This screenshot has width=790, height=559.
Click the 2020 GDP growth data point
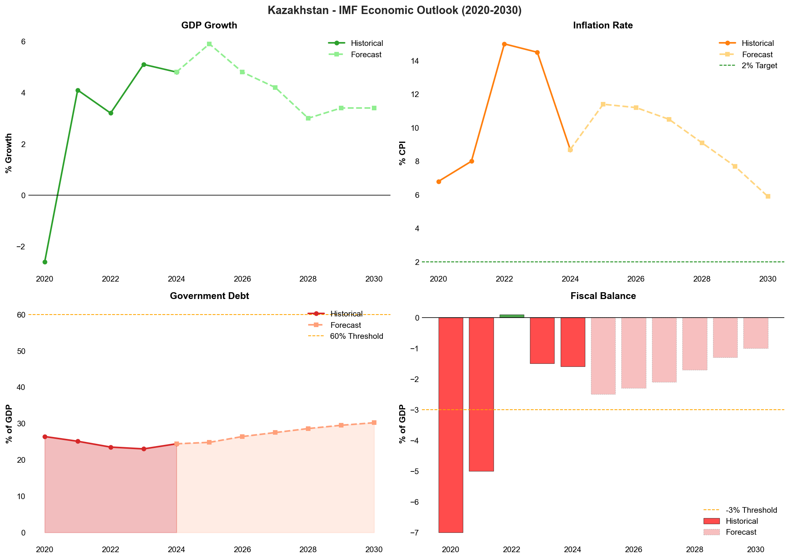(x=45, y=262)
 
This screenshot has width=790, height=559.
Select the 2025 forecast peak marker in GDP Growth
(x=209, y=44)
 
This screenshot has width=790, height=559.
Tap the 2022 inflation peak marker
(x=504, y=44)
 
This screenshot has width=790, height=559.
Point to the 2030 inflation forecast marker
(x=768, y=196)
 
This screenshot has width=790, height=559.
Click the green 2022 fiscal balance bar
(x=512, y=316)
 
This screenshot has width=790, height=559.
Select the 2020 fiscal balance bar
(x=451, y=424)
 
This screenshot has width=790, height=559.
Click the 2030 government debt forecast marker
(x=374, y=423)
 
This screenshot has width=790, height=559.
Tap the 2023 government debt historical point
(x=144, y=449)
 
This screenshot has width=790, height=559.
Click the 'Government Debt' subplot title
(x=209, y=296)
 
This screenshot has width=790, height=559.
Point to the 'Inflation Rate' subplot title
(x=603, y=25)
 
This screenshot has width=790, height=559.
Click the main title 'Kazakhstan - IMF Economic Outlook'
(x=395, y=10)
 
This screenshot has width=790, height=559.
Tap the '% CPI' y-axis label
(x=403, y=153)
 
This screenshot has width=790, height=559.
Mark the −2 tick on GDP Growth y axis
(x=21, y=247)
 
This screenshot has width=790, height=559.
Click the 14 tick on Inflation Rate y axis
(x=416, y=61)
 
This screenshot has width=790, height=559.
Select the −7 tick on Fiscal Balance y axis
(x=414, y=533)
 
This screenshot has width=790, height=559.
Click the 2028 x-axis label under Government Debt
(x=308, y=550)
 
